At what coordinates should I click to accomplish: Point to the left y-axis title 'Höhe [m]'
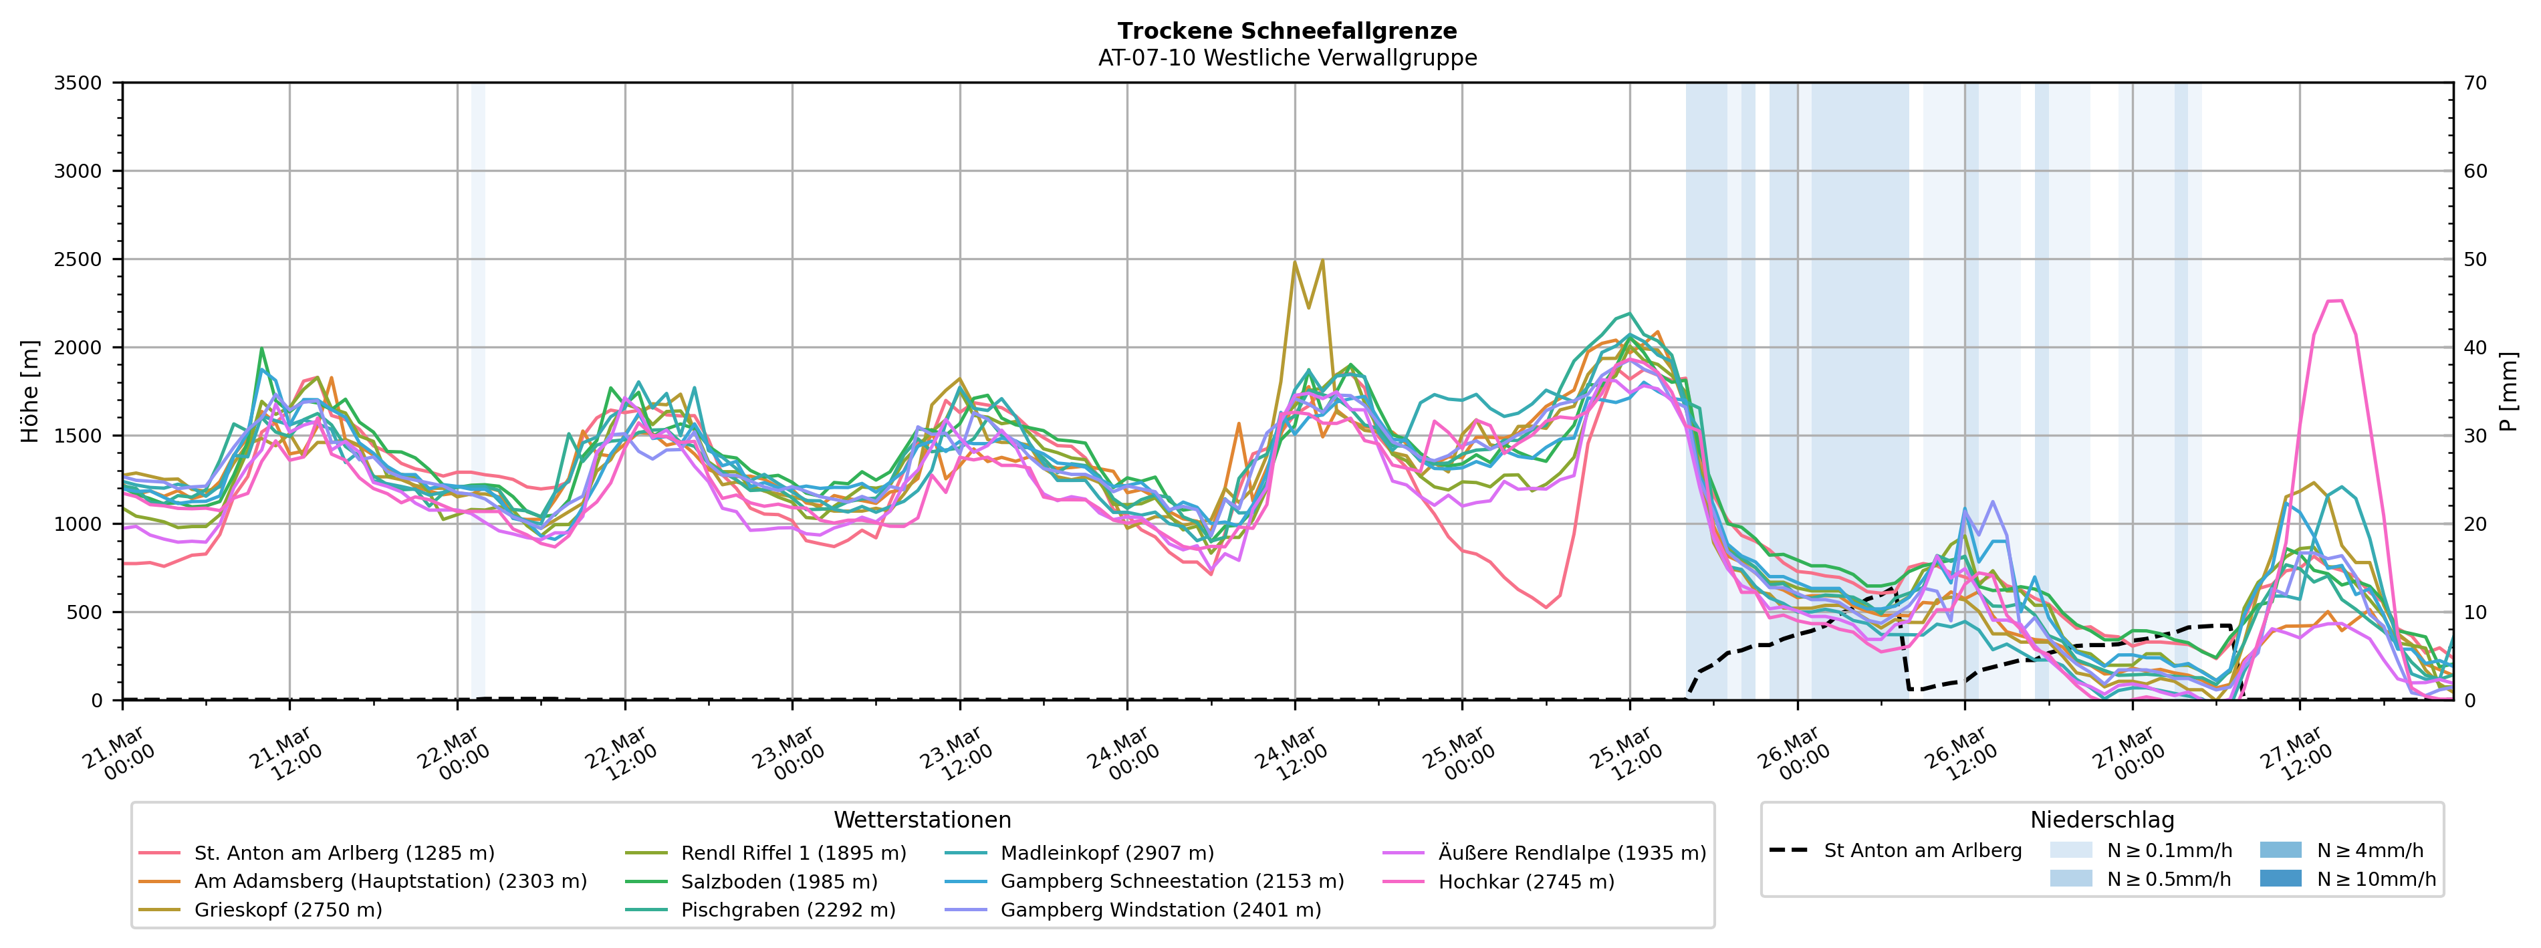pos(31,392)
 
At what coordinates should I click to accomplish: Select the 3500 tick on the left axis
pos(78,83)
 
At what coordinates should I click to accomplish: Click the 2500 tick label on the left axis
pos(78,259)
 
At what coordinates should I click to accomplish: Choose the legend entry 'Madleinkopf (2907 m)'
pos(1107,853)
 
